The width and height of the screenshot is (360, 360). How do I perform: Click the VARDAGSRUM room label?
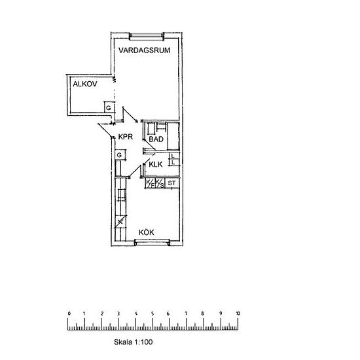(145, 50)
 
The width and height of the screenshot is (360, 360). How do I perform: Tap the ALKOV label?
(85, 84)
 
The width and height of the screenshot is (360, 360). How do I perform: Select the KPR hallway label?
(126, 137)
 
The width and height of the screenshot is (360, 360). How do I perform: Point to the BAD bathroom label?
(156, 139)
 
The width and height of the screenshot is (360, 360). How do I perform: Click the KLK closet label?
(156, 164)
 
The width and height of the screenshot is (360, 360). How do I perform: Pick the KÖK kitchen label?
(147, 232)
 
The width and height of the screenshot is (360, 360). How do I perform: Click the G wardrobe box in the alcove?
(109, 107)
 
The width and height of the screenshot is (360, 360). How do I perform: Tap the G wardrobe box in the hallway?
(120, 155)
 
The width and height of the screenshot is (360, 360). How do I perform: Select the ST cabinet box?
(172, 183)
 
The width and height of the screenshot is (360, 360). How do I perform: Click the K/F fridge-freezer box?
(150, 183)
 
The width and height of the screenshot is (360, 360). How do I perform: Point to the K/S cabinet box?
(160, 183)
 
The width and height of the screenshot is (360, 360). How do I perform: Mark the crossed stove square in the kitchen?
(120, 222)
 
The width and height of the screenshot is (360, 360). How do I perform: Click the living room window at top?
(147, 36)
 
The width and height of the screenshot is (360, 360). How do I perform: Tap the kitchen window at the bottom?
(153, 242)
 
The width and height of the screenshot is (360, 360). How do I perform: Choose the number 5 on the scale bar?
(153, 314)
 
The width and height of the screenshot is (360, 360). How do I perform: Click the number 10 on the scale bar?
(238, 314)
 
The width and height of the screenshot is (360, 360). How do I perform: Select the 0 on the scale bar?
(69, 314)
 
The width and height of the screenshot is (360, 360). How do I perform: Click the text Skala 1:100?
(133, 342)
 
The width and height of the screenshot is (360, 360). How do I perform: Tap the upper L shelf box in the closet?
(174, 156)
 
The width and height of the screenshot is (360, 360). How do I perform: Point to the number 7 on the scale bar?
(186, 314)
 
